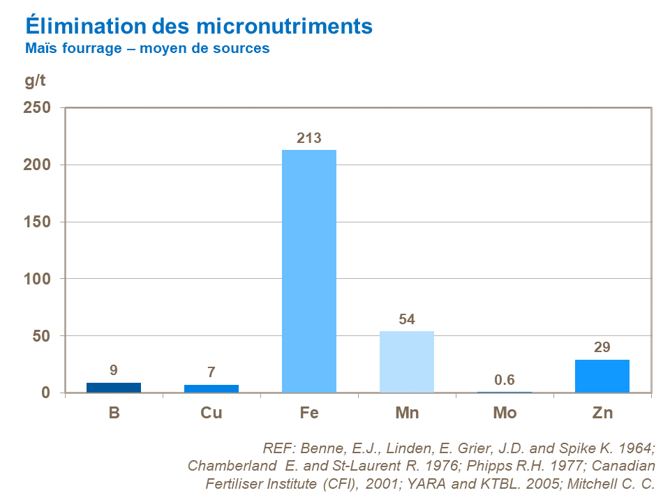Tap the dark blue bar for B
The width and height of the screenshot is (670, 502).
(114, 388)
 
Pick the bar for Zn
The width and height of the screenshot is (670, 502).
(602, 376)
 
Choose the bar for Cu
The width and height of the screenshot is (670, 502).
(211, 388)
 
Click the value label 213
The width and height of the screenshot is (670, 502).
(309, 138)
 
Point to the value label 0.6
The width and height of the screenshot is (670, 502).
(505, 380)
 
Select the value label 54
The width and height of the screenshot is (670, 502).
(407, 319)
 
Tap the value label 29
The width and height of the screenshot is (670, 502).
(602, 347)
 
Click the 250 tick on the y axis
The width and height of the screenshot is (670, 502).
(39, 108)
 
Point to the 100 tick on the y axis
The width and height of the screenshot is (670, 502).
(39, 279)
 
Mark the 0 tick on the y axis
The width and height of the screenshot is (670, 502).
(46, 393)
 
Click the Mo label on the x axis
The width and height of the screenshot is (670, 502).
(505, 413)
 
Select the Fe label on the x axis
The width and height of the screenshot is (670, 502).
(309, 413)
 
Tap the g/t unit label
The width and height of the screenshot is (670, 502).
(35, 80)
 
